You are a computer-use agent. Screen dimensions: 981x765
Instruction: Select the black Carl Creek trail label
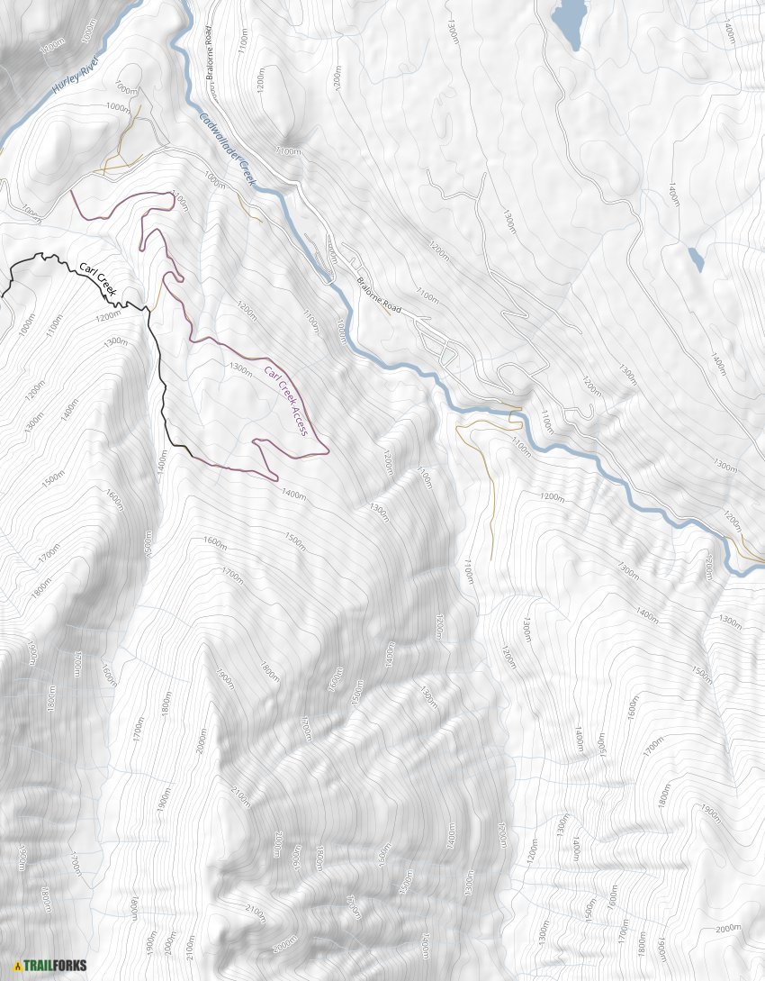pyautogui.click(x=98, y=276)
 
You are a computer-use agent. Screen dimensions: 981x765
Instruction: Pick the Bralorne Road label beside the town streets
pyautogui.click(x=378, y=294)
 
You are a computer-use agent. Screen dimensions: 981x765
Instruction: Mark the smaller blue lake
pyautogui.click(x=696, y=259)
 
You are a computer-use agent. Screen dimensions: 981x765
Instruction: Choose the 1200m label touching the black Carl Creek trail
pyautogui.click(x=108, y=315)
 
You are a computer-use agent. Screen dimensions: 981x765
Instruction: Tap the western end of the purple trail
pyautogui.click(x=72, y=191)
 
